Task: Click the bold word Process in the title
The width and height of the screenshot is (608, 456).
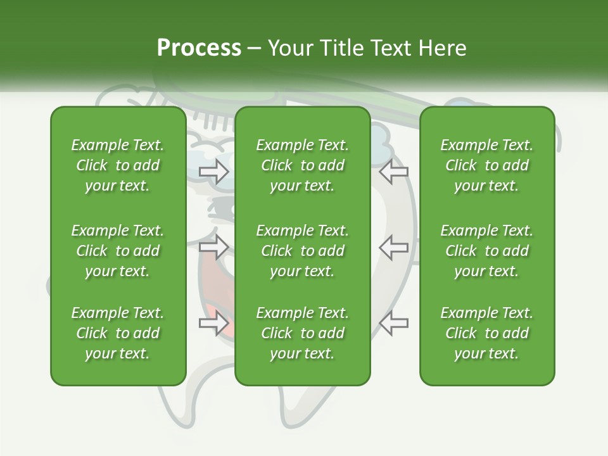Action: click(199, 48)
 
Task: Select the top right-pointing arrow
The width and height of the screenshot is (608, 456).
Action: click(213, 172)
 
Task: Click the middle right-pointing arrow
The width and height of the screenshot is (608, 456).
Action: click(213, 247)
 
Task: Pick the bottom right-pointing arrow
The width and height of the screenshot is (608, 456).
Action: click(213, 324)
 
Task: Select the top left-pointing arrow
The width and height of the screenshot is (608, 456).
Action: click(393, 171)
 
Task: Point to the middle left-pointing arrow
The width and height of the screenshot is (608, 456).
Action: click(393, 247)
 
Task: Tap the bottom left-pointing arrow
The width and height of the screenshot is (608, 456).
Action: click(393, 323)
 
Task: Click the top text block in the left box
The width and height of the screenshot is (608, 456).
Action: click(118, 165)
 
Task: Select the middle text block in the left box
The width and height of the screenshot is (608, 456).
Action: click(118, 251)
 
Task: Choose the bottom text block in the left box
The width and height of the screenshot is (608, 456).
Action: click(118, 333)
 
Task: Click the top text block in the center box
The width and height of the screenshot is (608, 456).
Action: click(303, 165)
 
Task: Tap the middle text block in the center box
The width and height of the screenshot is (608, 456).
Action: click(303, 251)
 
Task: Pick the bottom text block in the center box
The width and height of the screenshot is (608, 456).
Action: click(303, 333)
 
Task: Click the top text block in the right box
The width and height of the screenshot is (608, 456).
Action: click(487, 165)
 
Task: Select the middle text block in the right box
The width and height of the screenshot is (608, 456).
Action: click(487, 251)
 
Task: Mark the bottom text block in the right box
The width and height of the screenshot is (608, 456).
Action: click(487, 333)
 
